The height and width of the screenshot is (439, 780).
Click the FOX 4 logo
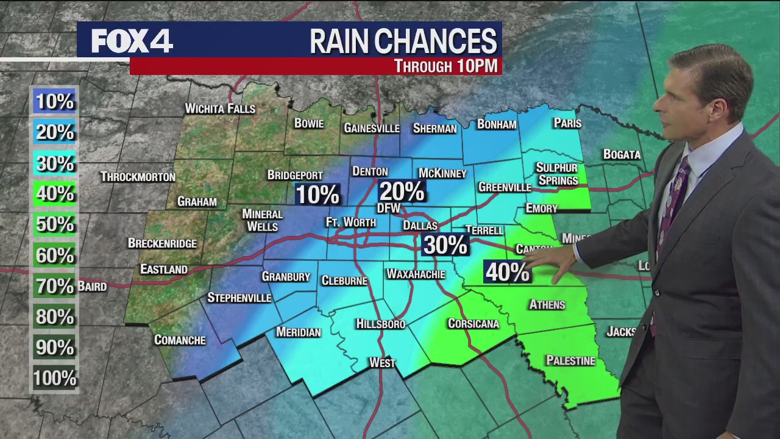[x=132, y=41]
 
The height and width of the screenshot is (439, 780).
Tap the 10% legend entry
[x=54, y=101]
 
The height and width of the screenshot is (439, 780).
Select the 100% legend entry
[x=54, y=379]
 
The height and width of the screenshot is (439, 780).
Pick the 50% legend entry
[x=54, y=224]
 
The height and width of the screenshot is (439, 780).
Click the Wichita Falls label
[x=220, y=109]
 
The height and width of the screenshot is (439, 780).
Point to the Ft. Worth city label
[x=350, y=223]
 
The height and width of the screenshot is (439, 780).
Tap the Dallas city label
[x=420, y=226]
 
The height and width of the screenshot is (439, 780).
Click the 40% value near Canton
[x=507, y=272]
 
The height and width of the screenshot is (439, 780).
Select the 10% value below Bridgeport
[x=317, y=195]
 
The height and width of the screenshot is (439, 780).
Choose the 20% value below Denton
[x=402, y=192]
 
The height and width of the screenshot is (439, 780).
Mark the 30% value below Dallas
[x=445, y=245]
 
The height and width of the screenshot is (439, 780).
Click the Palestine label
[x=570, y=361]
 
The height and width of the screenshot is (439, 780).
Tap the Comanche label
[x=180, y=340]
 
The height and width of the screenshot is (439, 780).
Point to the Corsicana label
[x=473, y=324]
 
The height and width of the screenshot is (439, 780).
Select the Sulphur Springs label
[x=557, y=174]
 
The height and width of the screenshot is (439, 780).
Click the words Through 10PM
[x=445, y=66]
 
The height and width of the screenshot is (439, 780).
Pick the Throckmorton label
[x=138, y=177]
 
